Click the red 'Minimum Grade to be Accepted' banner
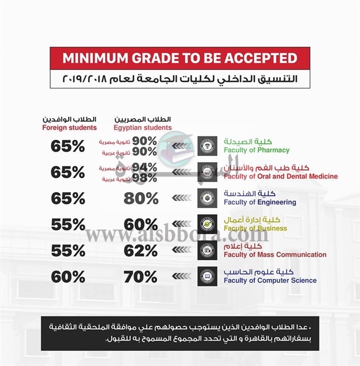tap(179, 58)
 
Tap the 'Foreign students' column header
tap(69, 128)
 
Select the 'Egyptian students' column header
tap(142, 128)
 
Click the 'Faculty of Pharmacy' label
tap(256, 150)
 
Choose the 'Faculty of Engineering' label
tap(260, 202)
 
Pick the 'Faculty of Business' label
tap(255, 228)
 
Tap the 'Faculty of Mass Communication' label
tap(275, 255)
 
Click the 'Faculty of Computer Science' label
tap(270, 281)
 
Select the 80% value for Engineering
tap(141, 198)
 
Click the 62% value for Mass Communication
tap(141, 251)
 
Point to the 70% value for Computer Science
tap(141, 277)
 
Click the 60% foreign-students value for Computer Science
tap(67, 277)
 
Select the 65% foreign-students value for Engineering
tap(67, 198)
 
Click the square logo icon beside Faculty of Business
tap(207, 224)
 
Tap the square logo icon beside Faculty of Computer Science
tap(207, 276)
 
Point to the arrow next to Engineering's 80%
tap(181, 198)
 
